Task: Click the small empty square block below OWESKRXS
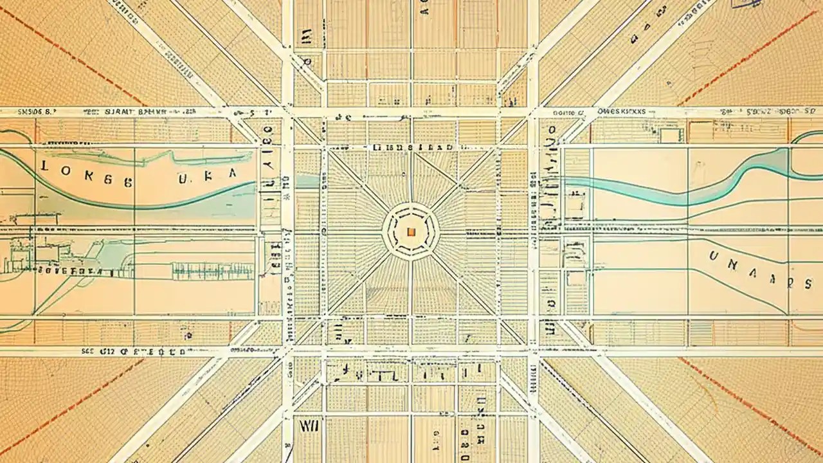click(671, 135)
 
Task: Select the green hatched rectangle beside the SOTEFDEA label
click(212, 271)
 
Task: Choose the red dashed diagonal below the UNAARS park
click(752, 405)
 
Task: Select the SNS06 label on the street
click(36, 111)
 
